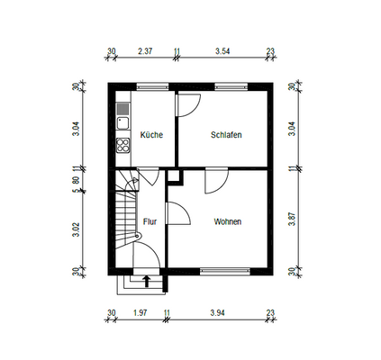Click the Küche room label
click(x=150, y=135)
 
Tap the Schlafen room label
click(x=225, y=135)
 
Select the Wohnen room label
click(x=227, y=220)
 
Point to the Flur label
click(x=150, y=220)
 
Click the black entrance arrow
click(x=146, y=282)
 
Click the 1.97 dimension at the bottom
click(x=140, y=312)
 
